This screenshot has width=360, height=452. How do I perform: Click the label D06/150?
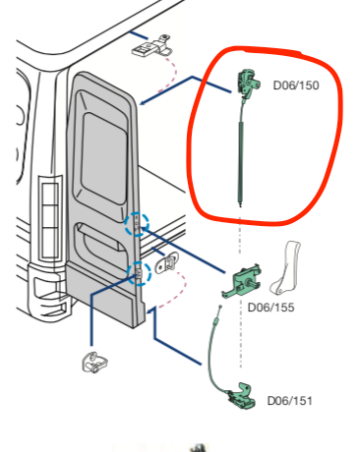[x=294, y=85]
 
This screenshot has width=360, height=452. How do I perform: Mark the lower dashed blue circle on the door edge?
[x=138, y=272]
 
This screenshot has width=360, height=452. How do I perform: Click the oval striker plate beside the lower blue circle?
[x=170, y=262]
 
